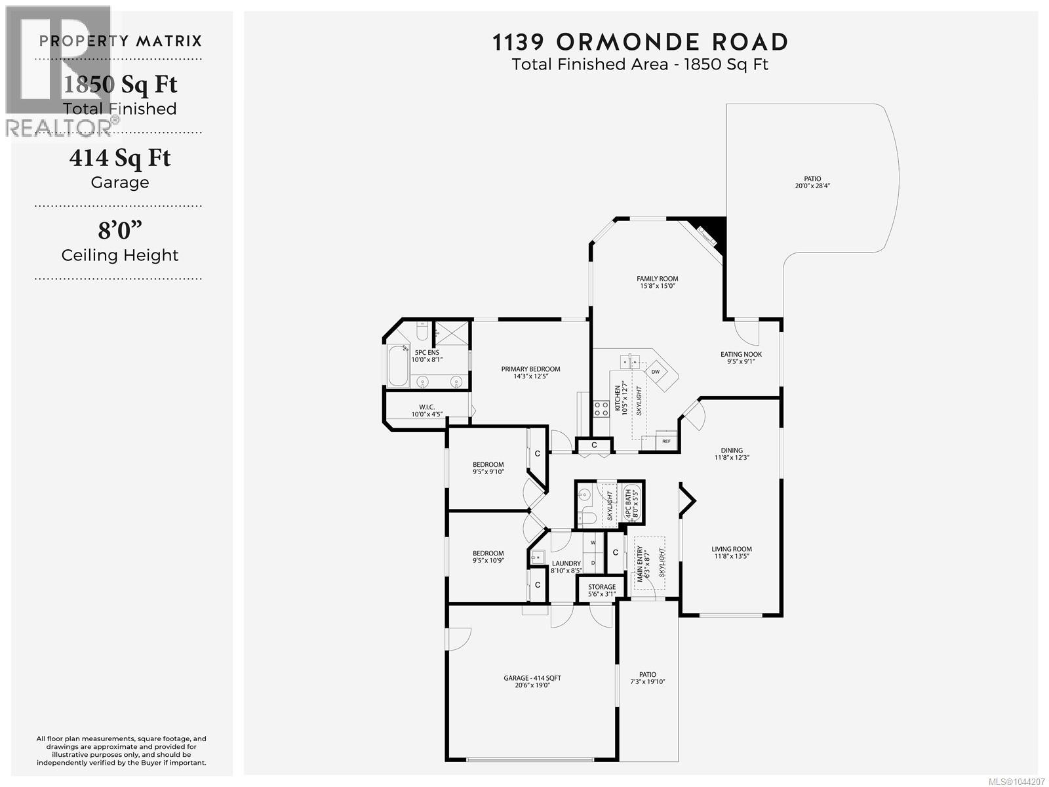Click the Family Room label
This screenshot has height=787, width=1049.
657,279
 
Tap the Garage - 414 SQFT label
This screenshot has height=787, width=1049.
532,678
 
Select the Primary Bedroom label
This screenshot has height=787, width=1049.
530,369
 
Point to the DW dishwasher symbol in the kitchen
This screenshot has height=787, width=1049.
655,372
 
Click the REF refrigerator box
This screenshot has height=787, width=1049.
666,441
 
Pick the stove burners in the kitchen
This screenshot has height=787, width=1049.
601,409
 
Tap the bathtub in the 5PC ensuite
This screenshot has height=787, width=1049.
398,365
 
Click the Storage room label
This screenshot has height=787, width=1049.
602,587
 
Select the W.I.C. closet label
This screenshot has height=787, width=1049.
427,407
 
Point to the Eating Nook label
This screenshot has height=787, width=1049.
741,354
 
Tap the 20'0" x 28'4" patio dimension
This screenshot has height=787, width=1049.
812,186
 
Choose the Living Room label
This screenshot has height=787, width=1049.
731,549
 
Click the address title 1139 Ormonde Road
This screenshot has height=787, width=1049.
640,42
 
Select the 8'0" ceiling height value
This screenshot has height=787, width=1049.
120,230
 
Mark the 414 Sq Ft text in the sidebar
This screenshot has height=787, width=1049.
120,157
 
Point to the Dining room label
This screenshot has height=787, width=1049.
731,450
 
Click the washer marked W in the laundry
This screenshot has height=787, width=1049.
593,543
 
